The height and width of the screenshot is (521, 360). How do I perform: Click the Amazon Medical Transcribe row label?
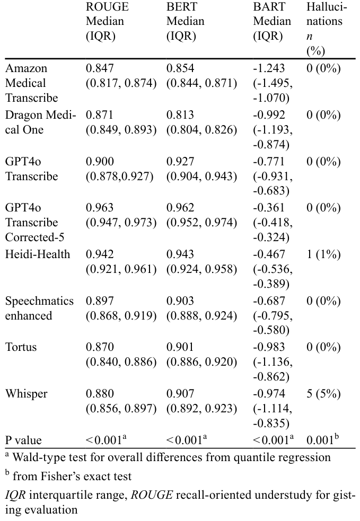(x=32, y=83)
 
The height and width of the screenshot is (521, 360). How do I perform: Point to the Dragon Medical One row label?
(x=40, y=122)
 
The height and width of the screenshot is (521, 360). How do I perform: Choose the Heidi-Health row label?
(x=38, y=254)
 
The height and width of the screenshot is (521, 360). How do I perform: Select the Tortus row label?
(x=21, y=347)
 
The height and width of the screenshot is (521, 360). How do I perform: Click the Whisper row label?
(x=27, y=393)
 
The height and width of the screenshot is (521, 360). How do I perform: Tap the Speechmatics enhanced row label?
(x=39, y=308)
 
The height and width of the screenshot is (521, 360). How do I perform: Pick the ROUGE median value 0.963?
(x=99, y=208)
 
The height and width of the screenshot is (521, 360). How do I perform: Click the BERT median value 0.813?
(x=180, y=114)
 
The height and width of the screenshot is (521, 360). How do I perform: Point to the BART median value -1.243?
(x=269, y=68)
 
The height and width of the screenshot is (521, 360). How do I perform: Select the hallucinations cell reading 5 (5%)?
(x=323, y=394)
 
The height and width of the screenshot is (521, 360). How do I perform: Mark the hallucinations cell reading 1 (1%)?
(x=323, y=254)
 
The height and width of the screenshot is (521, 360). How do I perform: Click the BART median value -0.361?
(x=269, y=208)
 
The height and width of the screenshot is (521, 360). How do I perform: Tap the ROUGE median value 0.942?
(x=99, y=254)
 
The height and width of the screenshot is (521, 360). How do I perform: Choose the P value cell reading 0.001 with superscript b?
(x=322, y=439)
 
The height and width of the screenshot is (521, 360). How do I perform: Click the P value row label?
(x=23, y=440)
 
